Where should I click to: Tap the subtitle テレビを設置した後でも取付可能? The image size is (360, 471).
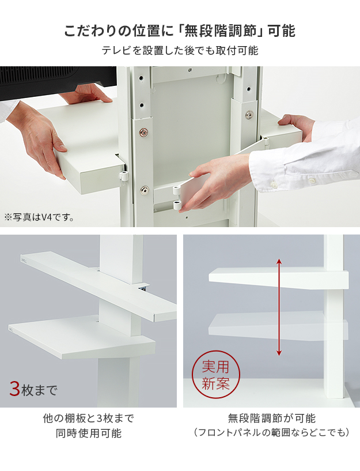pyautogui.click(x=180, y=50)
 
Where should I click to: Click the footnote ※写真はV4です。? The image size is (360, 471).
pyautogui.click(x=39, y=217)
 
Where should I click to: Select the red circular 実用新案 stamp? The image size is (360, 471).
pyautogui.click(x=215, y=375)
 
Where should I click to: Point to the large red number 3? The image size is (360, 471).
pyautogui.click(x=15, y=389)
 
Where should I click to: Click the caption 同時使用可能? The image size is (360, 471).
pyautogui.click(x=89, y=433)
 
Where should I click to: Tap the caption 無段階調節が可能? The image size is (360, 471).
pyautogui.click(x=271, y=418)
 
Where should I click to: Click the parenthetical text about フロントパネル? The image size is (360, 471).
pyautogui.click(x=271, y=432)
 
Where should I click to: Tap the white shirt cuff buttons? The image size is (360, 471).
pyautogui.click(x=293, y=181)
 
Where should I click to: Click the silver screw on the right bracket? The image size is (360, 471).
pyautogui.click(x=249, y=115)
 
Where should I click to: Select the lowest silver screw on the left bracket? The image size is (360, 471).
pyautogui.click(x=145, y=190)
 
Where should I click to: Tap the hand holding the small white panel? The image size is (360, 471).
pyautogui.click(x=219, y=182)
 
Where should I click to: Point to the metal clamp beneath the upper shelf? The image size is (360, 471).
pyautogui.click(x=143, y=287)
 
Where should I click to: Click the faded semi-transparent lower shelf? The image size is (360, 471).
pyautogui.click(x=278, y=326)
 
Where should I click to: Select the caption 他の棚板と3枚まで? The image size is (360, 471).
pyautogui.click(x=89, y=418)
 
